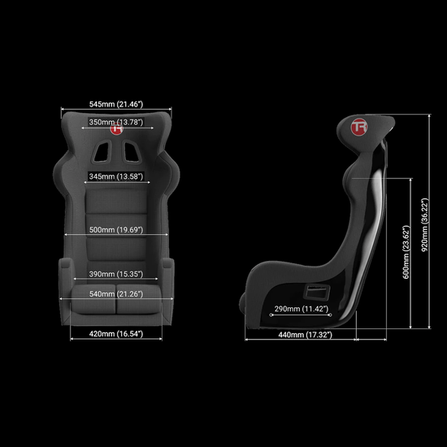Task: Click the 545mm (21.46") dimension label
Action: pyautogui.click(x=116, y=104)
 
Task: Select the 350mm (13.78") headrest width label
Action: pyautogui.click(x=116, y=122)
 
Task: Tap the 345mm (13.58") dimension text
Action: pyautogui.click(x=116, y=176)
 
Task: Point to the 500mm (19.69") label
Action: pyautogui.click(x=116, y=230)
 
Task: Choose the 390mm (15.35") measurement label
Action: pyautogui.click(x=116, y=274)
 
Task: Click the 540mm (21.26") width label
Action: pyautogui.click(x=116, y=294)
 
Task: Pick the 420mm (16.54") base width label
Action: pyautogui.click(x=116, y=334)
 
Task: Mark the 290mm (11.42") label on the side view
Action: pyautogui.click(x=302, y=309)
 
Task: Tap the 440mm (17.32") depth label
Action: pyautogui.click(x=305, y=335)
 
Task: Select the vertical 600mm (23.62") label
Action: pyautogui.click(x=406, y=252)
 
